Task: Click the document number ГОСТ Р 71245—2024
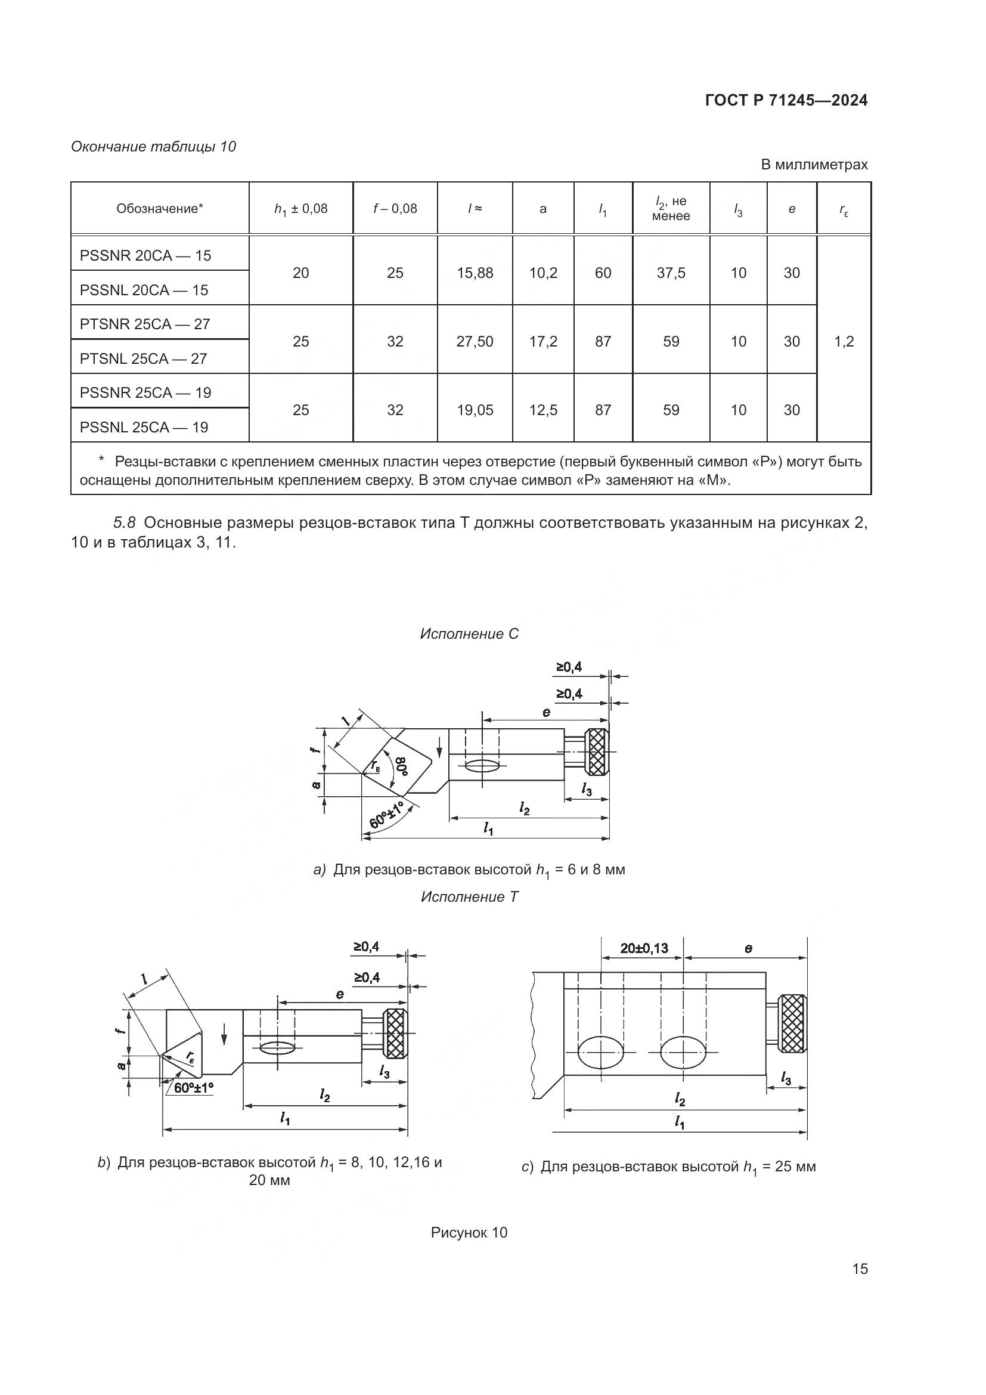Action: (786, 100)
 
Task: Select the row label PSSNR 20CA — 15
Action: (145, 255)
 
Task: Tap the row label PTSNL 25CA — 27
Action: (144, 358)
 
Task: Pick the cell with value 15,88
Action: (475, 273)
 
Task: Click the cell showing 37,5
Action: (671, 273)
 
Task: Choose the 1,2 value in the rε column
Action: (844, 342)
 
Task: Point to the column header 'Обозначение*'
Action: (160, 208)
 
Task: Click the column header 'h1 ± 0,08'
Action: (300, 209)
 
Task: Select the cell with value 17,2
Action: (543, 342)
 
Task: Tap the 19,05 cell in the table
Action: (475, 410)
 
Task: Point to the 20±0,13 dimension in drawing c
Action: (644, 948)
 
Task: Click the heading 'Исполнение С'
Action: (469, 634)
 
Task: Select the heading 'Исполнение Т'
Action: (469, 897)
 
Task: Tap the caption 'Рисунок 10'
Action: (469, 1232)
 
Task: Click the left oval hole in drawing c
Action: (601, 1051)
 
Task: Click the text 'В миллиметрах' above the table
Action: (814, 164)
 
